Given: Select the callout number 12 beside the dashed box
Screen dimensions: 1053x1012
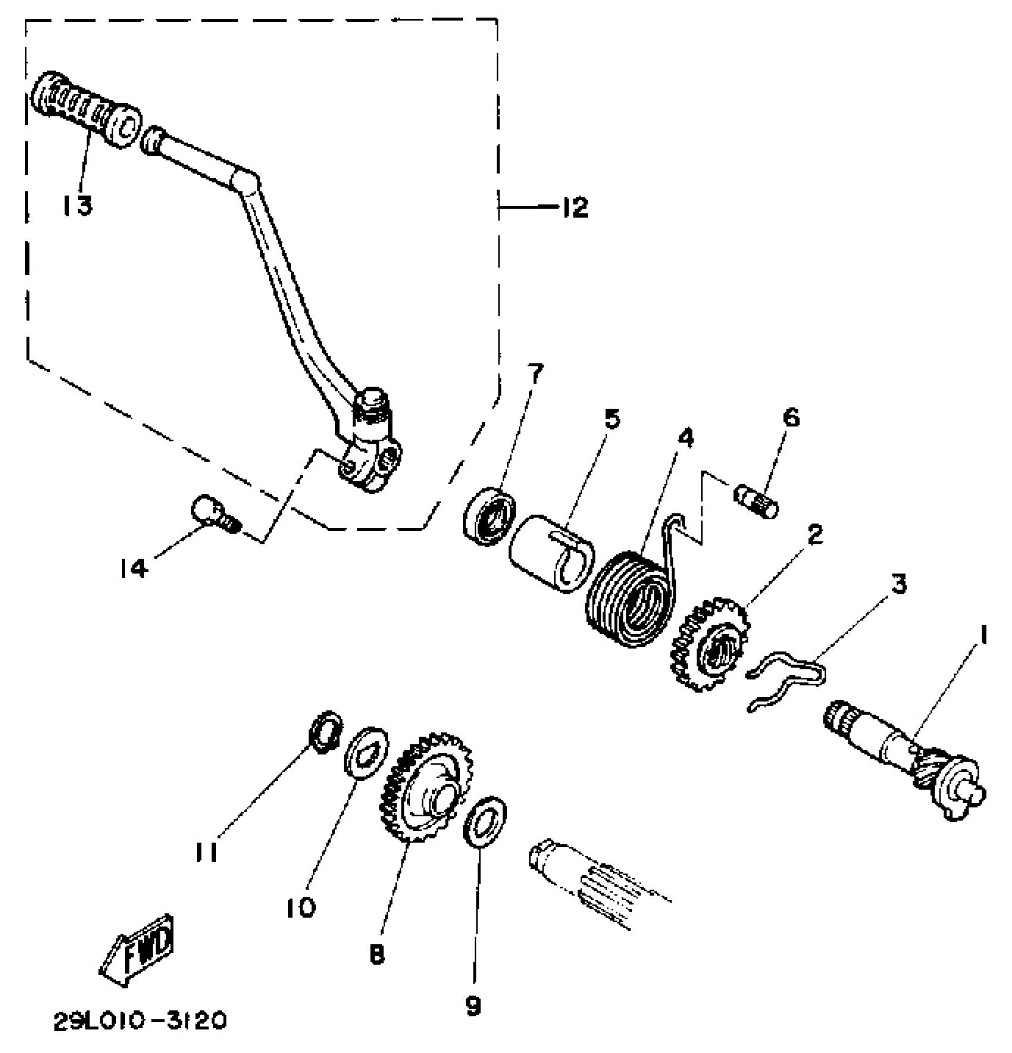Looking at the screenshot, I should pyautogui.click(x=574, y=207).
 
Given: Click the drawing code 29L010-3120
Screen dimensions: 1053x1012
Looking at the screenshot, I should pyautogui.click(x=140, y=1021).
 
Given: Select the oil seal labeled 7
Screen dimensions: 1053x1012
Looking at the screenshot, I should pyautogui.click(x=490, y=515).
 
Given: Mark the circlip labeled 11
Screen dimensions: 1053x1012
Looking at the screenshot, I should pyautogui.click(x=325, y=732).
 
